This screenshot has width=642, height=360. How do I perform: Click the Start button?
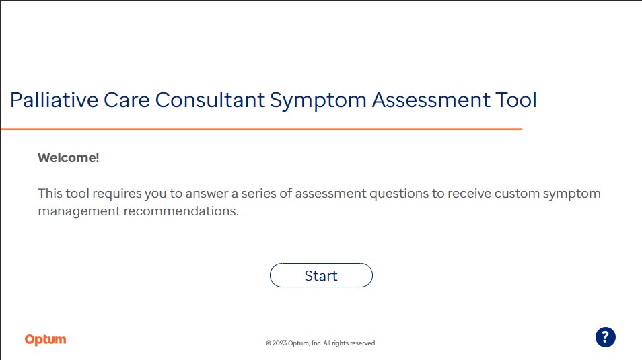point(321,275)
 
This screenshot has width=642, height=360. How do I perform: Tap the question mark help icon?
point(606,337)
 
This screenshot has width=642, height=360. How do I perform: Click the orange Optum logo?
point(46,340)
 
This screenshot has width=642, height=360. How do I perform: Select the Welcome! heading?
point(69,157)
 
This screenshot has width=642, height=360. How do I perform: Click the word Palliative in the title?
point(54,100)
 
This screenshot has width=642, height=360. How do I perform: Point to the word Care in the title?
point(127,100)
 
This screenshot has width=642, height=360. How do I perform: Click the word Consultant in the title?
point(210,100)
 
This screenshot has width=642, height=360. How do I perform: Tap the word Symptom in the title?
point(318,101)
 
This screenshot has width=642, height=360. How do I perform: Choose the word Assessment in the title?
point(431,100)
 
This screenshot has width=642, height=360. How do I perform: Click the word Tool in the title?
point(516,100)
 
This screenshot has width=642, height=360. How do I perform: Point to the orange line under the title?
point(261,129)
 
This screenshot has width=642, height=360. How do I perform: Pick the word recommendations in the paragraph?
point(181,211)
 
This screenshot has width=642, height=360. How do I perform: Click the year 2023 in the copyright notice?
point(279,343)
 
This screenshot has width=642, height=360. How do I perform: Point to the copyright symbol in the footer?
point(269,343)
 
